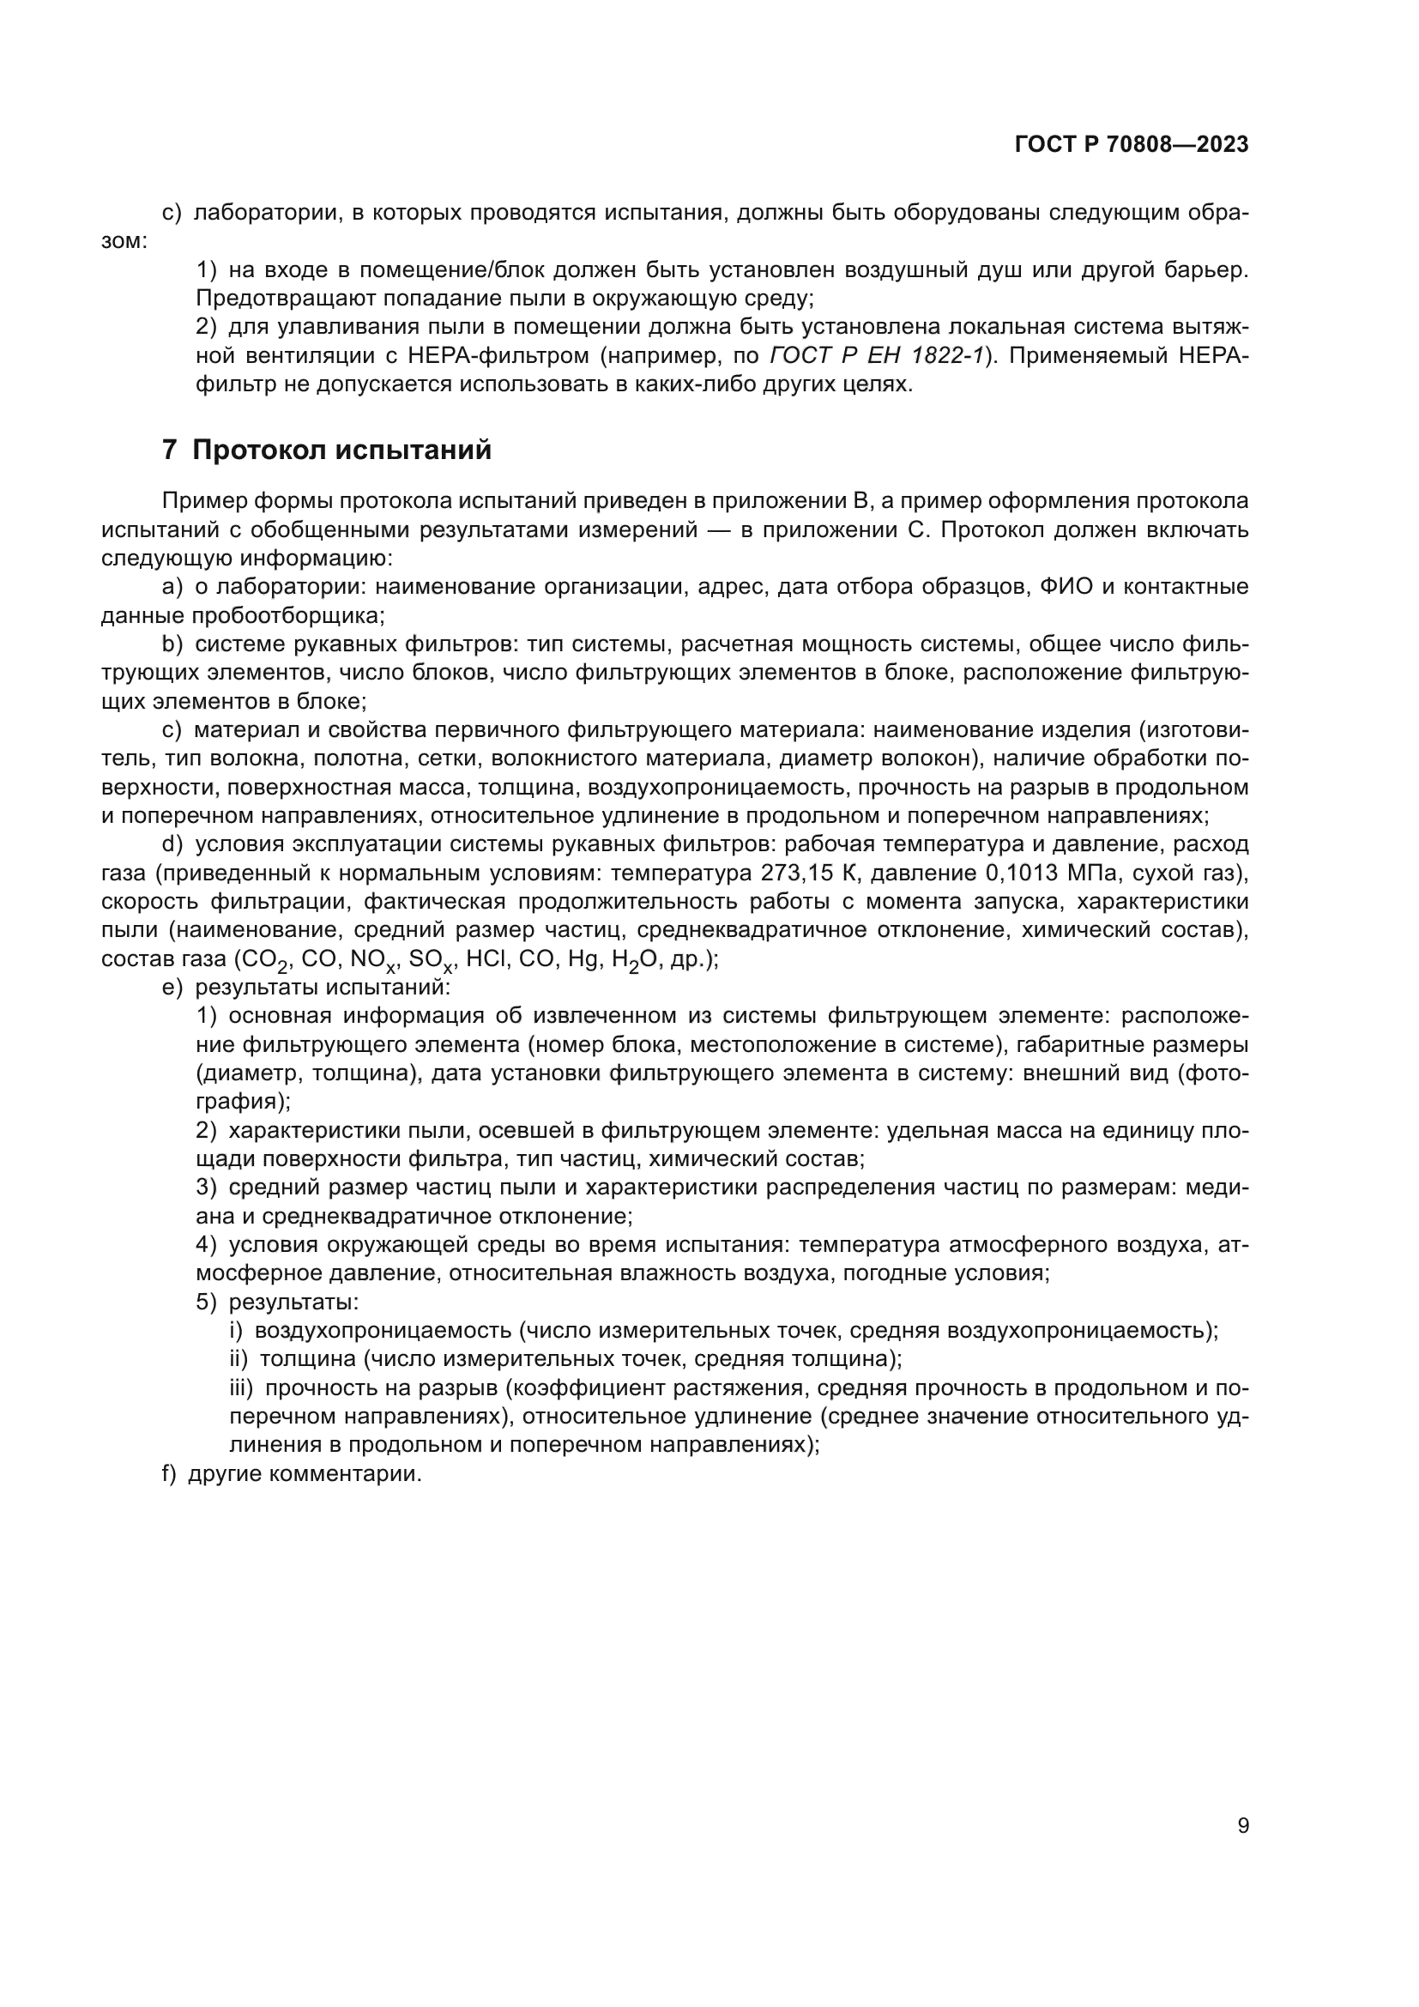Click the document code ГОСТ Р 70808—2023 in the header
tap(1132, 145)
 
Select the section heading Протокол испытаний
tap(341, 450)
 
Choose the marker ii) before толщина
tap(239, 1359)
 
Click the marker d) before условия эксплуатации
tap(172, 844)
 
